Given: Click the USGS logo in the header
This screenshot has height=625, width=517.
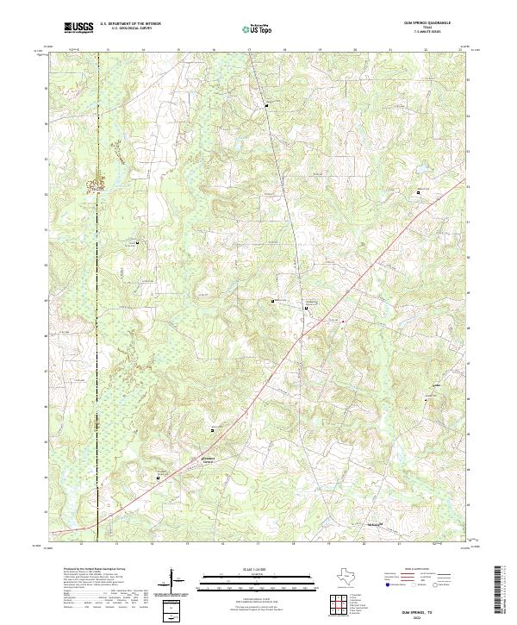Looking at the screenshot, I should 79,28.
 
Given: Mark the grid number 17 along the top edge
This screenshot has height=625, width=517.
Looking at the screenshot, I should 249,52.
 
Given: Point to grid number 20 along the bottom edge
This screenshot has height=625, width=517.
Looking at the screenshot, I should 363,544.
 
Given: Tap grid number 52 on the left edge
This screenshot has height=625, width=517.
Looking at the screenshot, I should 46,194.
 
